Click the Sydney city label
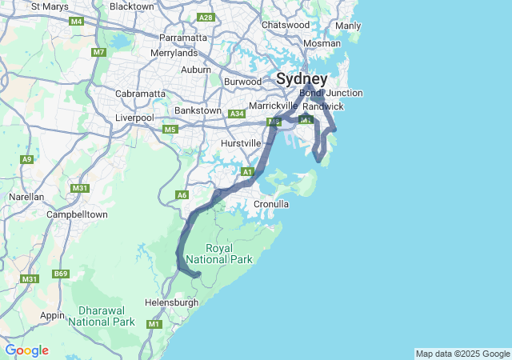tap(302, 79)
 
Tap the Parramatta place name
tap(183, 38)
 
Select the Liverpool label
tap(134, 118)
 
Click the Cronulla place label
tap(270, 204)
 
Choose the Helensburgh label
tap(171, 302)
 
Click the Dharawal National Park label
tap(101, 316)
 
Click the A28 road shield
tap(206, 17)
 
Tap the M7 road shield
tap(99, 53)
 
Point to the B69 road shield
tap(61, 274)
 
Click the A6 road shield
tap(182, 194)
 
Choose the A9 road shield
tap(27, 159)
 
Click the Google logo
tap(26, 350)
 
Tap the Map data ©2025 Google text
tap(462, 354)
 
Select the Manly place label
tap(348, 26)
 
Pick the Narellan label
tap(26, 196)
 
